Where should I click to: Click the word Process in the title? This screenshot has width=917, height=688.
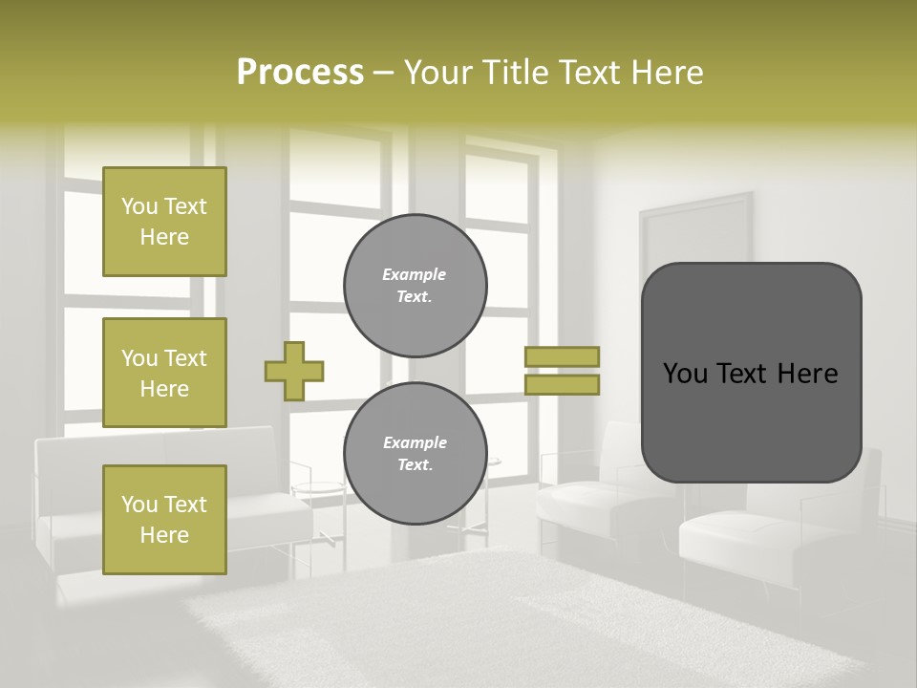tap(300, 73)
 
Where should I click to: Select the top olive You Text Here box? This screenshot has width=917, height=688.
tap(164, 222)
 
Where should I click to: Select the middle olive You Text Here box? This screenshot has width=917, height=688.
tap(164, 373)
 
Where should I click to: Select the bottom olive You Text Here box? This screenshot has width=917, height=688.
tap(164, 519)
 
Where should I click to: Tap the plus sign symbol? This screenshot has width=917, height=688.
tap(294, 371)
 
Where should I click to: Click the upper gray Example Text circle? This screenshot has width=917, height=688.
tap(415, 286)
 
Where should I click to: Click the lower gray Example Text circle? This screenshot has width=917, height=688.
tap(415, 454)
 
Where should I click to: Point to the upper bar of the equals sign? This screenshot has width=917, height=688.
tap(562, 356)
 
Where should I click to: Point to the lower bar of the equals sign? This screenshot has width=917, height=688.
tap(562, 385)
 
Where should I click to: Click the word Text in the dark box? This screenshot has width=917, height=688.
tap(751, 374)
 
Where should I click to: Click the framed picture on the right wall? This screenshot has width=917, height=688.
tap(695, 229)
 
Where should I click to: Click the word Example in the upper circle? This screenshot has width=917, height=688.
tap(415, 274)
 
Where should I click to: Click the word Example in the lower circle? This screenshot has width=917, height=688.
tap(415, 442)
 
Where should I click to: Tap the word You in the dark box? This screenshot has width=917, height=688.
tap(685, 374)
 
